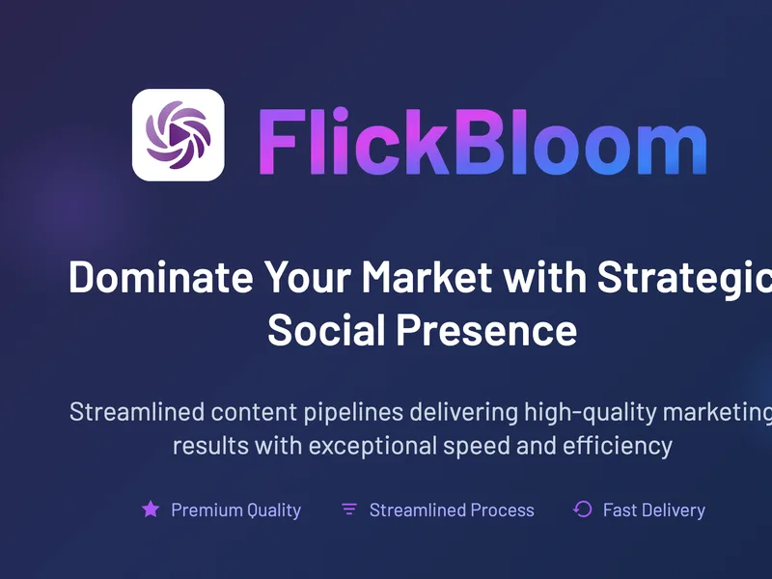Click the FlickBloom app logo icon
[x=179, y=135]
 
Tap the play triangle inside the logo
[x=179, y=134]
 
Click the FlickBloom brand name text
[x=483, y=142]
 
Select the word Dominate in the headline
[x=161, y=277]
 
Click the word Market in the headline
[x=427, y=277]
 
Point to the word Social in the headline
[x=326, y=330]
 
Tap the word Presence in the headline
[x=487, y=330]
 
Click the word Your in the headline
[x=308, y=277]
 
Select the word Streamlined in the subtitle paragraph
[x=137, y=412]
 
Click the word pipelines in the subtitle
[x=353, y=413]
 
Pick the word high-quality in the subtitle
[x=591, y=413]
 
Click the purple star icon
[x=151, y=510]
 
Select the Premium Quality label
[x=235, y=510]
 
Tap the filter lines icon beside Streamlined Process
[x=349, y=510]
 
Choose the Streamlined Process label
[x=452, y=510]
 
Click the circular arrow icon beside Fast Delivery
[x=583, y=510]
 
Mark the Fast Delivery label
[x=654, y=510]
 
